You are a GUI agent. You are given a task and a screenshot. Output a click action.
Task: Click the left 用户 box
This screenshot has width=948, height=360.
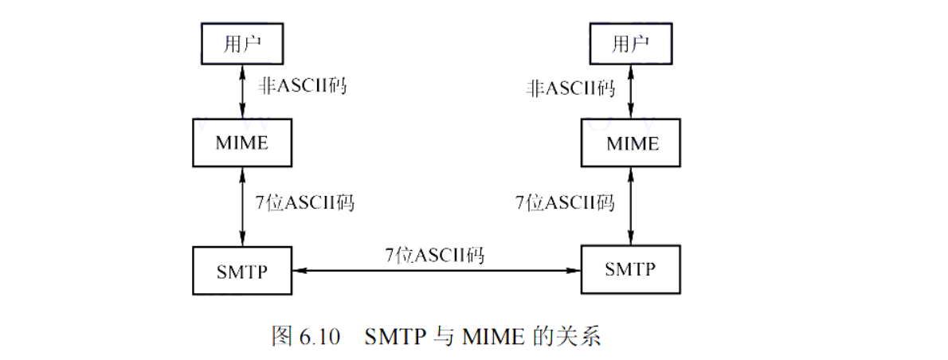tap(241, 44)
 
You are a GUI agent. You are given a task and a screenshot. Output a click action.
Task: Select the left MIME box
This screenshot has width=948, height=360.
tap(241, 143)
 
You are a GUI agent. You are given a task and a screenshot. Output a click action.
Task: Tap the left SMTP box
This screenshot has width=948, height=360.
tap(241, 270)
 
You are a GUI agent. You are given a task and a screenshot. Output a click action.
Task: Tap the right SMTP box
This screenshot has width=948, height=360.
tap(630, 270)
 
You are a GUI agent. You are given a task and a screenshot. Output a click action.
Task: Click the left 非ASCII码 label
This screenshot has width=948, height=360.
tap(303, 87)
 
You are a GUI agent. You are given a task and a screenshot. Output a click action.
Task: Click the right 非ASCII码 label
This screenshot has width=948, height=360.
tap(570, 88)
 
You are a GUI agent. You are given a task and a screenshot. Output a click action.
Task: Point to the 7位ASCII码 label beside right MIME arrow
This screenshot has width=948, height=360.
tap(565, 202)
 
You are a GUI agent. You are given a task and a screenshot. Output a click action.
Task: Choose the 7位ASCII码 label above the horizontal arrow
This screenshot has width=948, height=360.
tap(435, 255)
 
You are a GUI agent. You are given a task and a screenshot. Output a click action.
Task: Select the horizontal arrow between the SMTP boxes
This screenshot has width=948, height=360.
tap(436, 271)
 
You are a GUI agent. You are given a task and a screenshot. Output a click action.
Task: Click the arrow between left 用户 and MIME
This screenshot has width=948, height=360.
tap(242, 93)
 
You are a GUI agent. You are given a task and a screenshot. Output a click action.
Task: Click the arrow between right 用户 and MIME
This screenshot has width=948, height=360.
tap(632, 94)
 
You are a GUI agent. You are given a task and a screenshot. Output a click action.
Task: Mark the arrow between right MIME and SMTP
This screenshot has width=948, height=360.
tap(632, 205)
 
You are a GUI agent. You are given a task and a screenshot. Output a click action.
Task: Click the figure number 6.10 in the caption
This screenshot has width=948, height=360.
tap(319, 337)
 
